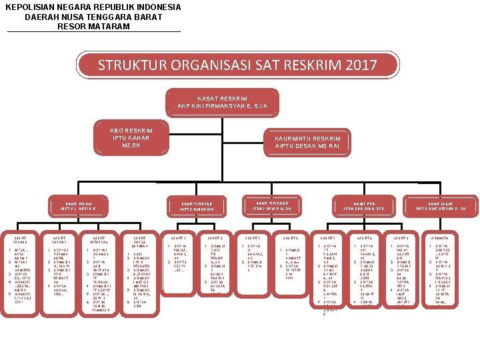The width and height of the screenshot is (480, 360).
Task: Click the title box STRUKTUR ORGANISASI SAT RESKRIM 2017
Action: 237,65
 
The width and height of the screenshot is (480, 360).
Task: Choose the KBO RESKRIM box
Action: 131,137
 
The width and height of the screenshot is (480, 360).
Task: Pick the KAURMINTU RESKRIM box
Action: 307,143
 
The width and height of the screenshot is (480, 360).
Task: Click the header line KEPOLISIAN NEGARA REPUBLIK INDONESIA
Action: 93,7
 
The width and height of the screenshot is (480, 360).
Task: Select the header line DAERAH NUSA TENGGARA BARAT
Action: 93,17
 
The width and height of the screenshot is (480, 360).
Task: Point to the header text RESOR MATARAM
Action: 93,26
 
